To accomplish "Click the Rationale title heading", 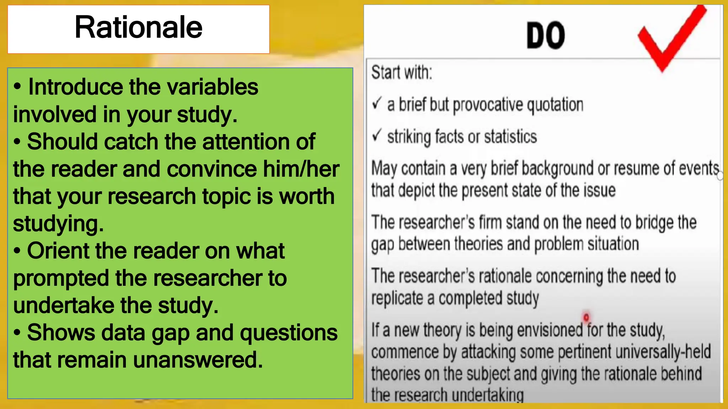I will pos(138,28).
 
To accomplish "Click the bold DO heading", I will pos(546,36).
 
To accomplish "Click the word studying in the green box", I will pos(58,224).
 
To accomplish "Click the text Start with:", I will pos(402,72).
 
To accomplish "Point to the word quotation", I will pos(555,105).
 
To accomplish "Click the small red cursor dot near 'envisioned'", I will pos(586,317).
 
